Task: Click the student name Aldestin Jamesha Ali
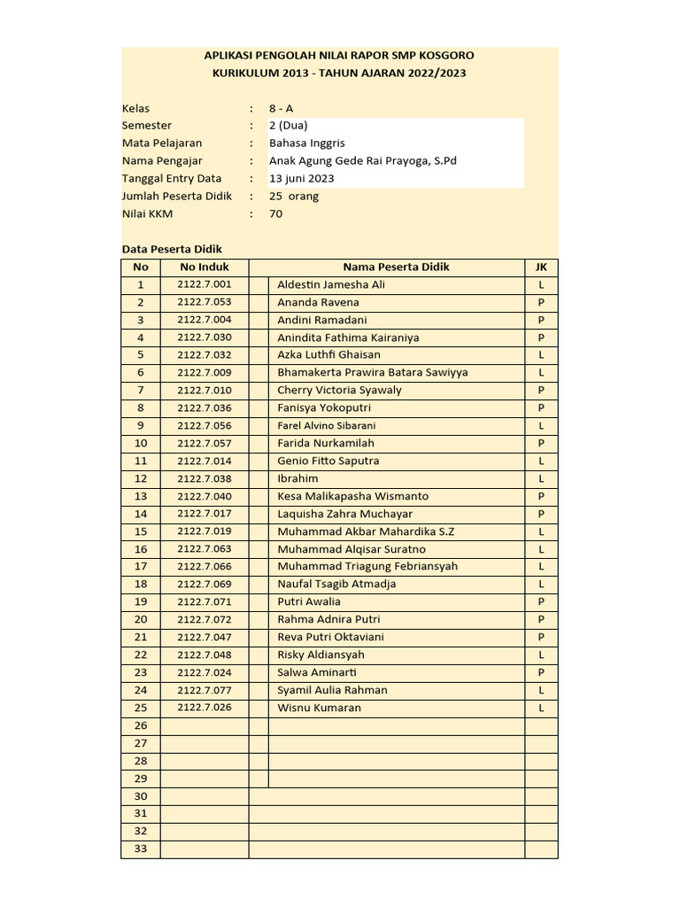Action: click(331, 284)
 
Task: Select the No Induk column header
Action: click(204, 267)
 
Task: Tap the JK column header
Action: click(541, 267)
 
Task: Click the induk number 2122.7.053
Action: click(204, 302)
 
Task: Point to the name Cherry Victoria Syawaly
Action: click(339, 390)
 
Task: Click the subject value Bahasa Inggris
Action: click(307, 143)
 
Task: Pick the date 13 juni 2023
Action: click(302, 178)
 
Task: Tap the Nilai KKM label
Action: click(148, 213)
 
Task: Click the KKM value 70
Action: click(276, 213)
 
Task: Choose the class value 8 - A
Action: click(282, 108)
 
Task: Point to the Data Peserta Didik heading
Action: click(172, 250)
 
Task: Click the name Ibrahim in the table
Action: click(297, 478)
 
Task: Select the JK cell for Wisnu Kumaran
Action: click(541, 708)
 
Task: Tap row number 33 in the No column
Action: click(140, 849)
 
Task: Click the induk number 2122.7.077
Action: click(204, 690)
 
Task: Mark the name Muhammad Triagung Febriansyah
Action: click(367, 566)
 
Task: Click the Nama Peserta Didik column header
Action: click(396, 267)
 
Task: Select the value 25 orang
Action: click(294, 196)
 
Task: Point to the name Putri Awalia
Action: click(309, 601)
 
